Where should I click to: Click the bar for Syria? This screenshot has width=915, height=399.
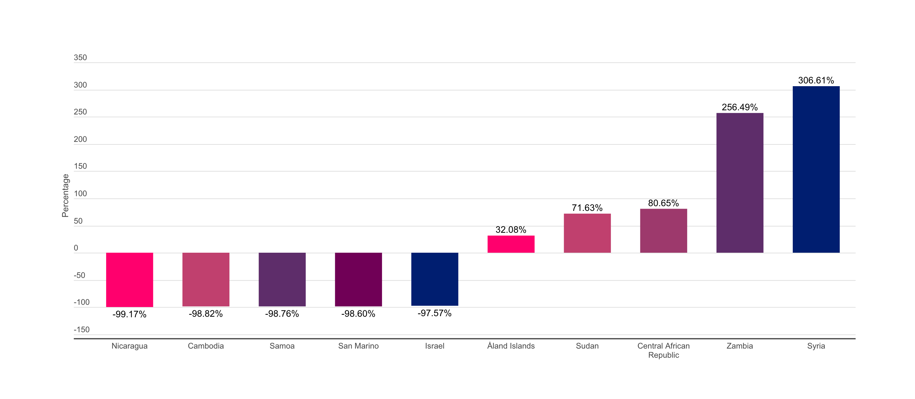click(x=816, y=169)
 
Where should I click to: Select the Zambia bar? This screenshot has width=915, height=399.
click(x=740, y=183)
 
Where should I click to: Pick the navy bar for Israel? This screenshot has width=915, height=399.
click(x=434, y=279)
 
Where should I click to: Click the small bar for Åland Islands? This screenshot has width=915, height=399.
click(x=511, y=244)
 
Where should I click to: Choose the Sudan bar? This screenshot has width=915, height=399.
click(x=587, y=233)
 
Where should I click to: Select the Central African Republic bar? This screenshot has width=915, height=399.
click(x=663, y=231)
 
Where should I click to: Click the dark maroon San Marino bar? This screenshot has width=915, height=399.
click(x=358, y=279)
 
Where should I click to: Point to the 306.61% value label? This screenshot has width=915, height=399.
click(x=816, y=80)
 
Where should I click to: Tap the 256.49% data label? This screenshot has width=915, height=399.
click(x=740, y=107)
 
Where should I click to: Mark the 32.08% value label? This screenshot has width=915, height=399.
click(x=511, y=230)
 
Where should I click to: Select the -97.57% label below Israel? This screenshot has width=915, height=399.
click(x=434, y=313)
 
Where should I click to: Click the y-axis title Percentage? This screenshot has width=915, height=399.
click(x=65, y=196)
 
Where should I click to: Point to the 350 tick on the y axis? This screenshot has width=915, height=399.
click(x=80, y=58)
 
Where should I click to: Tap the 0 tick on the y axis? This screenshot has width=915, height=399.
click(x=76, y=248)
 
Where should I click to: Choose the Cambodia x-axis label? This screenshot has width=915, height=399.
click(x=206, y=346)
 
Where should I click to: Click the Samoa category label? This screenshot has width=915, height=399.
click(x=282, y=346)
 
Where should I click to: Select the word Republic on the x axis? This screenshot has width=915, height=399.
click(x=663, y=355)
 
